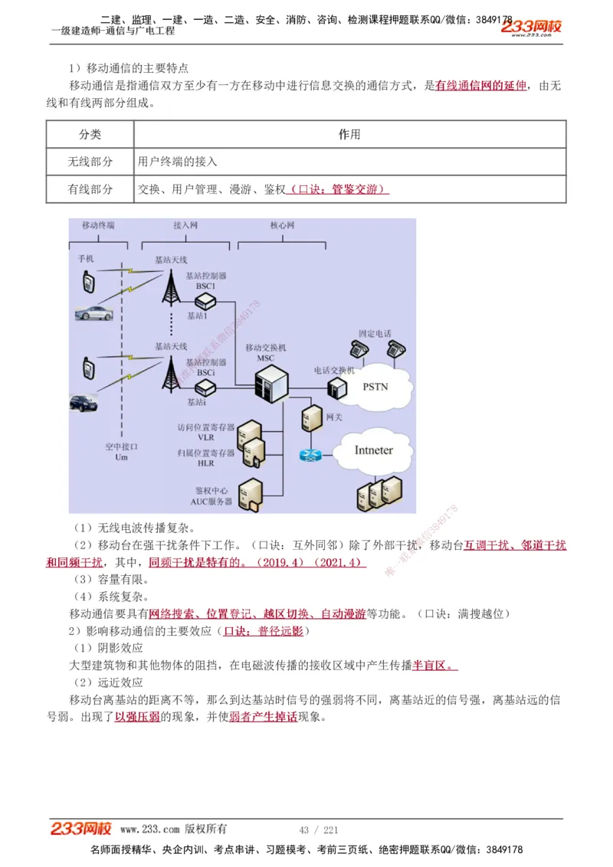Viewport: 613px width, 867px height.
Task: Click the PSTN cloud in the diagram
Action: [x=375, y=387]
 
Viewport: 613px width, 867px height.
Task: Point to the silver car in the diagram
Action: [x=94, y=312]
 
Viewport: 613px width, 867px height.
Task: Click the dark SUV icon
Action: [x=84, y=403]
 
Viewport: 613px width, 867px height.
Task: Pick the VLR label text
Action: [x=206, y=437]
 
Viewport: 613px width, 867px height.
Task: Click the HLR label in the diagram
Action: [x=206, y=463]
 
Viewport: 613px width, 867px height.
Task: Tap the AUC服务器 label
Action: [x=211, y=502]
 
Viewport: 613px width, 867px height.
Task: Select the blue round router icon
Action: [x=310, y=455]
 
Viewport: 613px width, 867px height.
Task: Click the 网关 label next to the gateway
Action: [x=334, y=417]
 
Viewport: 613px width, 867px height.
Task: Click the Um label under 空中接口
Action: [x=121, y=457]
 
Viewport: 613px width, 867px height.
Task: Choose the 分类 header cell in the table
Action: [x=90, y=134]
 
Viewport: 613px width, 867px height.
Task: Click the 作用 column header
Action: [x=349, y=134]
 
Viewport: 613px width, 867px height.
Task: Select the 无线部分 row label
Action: [x=90, y=162]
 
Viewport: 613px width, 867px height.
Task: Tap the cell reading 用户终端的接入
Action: [x=178, y=162]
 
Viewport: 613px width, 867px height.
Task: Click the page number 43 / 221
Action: [x=319, y=830]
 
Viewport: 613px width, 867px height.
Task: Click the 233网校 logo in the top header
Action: [x=532, y=27]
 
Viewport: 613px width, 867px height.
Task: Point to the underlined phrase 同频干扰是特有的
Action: [x=194, y=562]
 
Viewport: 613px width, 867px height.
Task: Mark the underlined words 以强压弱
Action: [x=137, y=718]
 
